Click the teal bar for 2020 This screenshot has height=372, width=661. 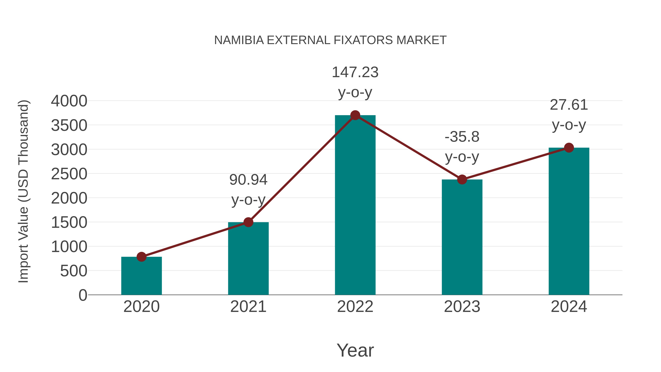point(141,276)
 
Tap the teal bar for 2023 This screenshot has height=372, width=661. point(462,238)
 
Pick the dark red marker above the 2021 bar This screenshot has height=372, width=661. point(248,222)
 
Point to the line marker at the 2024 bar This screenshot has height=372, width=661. point(569,148)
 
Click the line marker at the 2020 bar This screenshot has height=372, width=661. point(141,257)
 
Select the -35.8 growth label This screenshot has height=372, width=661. point(462,137)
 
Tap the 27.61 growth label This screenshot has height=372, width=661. point(569,105)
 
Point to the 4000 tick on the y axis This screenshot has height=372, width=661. point(69,101)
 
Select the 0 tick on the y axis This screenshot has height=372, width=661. point(83,295)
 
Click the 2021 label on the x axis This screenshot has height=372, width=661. point(248,307)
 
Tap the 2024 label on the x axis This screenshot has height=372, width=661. point(569,307)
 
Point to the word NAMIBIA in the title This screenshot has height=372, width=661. point(239,40)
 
